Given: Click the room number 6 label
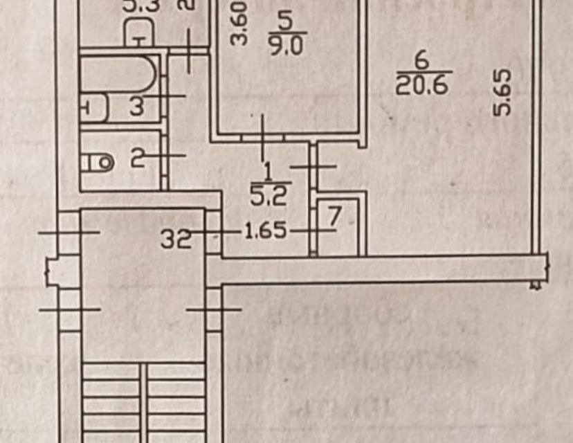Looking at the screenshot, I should coord(422,61).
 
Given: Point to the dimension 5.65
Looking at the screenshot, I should coord(503,91).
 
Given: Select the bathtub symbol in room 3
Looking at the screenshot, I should coord(122,73).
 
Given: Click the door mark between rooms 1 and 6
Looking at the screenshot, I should coord(313,167).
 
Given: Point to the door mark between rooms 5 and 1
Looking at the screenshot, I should coord(263,137).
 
